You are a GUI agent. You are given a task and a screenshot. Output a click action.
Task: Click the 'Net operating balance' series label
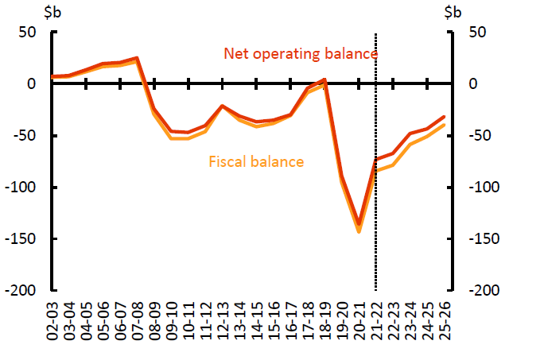point(301,54)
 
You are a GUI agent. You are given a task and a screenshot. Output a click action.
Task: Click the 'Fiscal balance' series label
point(256,162)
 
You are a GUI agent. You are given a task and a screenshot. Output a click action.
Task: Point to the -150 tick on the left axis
point(26,239)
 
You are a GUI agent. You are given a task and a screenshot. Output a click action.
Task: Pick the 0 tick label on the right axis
point(473,84)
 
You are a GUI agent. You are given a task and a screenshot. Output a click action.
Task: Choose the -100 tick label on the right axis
point(483,188)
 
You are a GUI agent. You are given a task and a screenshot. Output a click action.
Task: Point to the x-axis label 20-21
point(358,321)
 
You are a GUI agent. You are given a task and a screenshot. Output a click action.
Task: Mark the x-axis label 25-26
point(443,321)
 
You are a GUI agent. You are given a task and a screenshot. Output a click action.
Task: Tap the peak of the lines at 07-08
point(137,59)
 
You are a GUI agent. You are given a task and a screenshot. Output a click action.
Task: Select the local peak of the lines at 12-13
point(222,106)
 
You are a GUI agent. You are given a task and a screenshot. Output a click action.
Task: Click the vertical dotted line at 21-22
point(375,199)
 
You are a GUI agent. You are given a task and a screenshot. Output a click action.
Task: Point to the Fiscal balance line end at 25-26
point(443,125)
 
